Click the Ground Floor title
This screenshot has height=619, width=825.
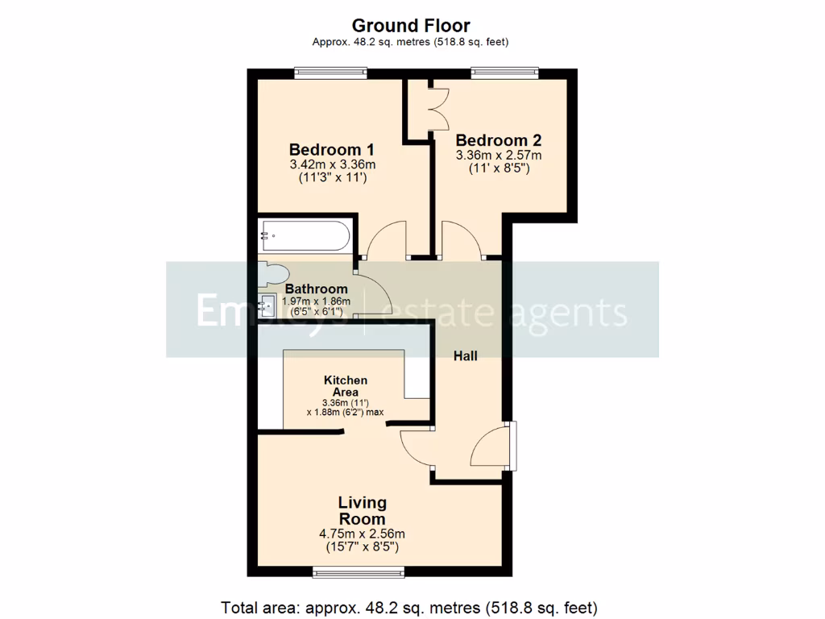click(411, 26)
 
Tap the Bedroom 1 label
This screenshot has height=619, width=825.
click(331, 150)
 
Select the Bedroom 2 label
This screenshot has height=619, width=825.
click(498, 139)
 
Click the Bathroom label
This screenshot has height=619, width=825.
click(317, 289)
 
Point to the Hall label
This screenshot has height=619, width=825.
click(465, 355)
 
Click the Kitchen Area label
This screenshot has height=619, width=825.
click(346, 385)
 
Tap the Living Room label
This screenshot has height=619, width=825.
click(362, 511)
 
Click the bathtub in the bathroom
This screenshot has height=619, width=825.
click(305, 236)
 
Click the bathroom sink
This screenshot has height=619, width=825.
click(268, 305)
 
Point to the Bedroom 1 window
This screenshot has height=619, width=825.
click(330, 73)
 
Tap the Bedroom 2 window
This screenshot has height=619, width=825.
click(506, 73)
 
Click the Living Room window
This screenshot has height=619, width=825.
click(359, 572)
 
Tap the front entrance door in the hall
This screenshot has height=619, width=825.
click(491, 447)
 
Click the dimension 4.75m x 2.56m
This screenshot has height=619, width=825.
click(362, 534)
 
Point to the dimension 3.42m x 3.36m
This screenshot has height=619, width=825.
click(333, 164)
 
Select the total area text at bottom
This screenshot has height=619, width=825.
click(409, 607)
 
